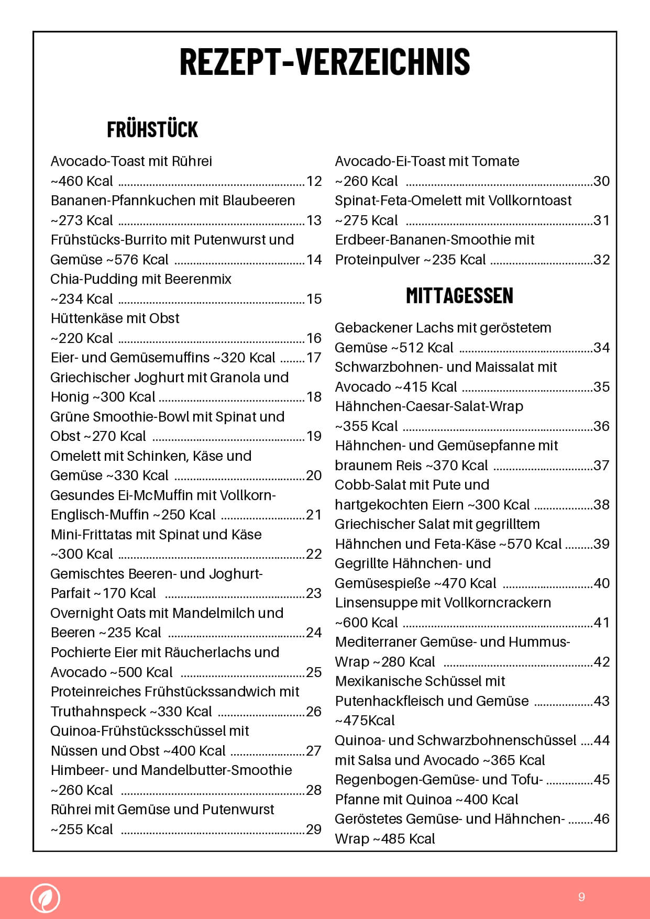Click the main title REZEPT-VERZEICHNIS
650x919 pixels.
tap(325, 62)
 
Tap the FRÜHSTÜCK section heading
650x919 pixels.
tap(152, 129)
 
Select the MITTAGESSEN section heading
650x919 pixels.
tap(459, 296)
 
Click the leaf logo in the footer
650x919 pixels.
tap(45, 898)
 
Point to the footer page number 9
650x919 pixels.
tap(581, 897)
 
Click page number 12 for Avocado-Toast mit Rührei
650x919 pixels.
tap(314, 181)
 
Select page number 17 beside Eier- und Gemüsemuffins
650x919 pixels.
tap(314, 358)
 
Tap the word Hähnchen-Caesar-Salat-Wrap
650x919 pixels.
tap(429, 406)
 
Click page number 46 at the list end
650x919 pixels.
tap(602, 819)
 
